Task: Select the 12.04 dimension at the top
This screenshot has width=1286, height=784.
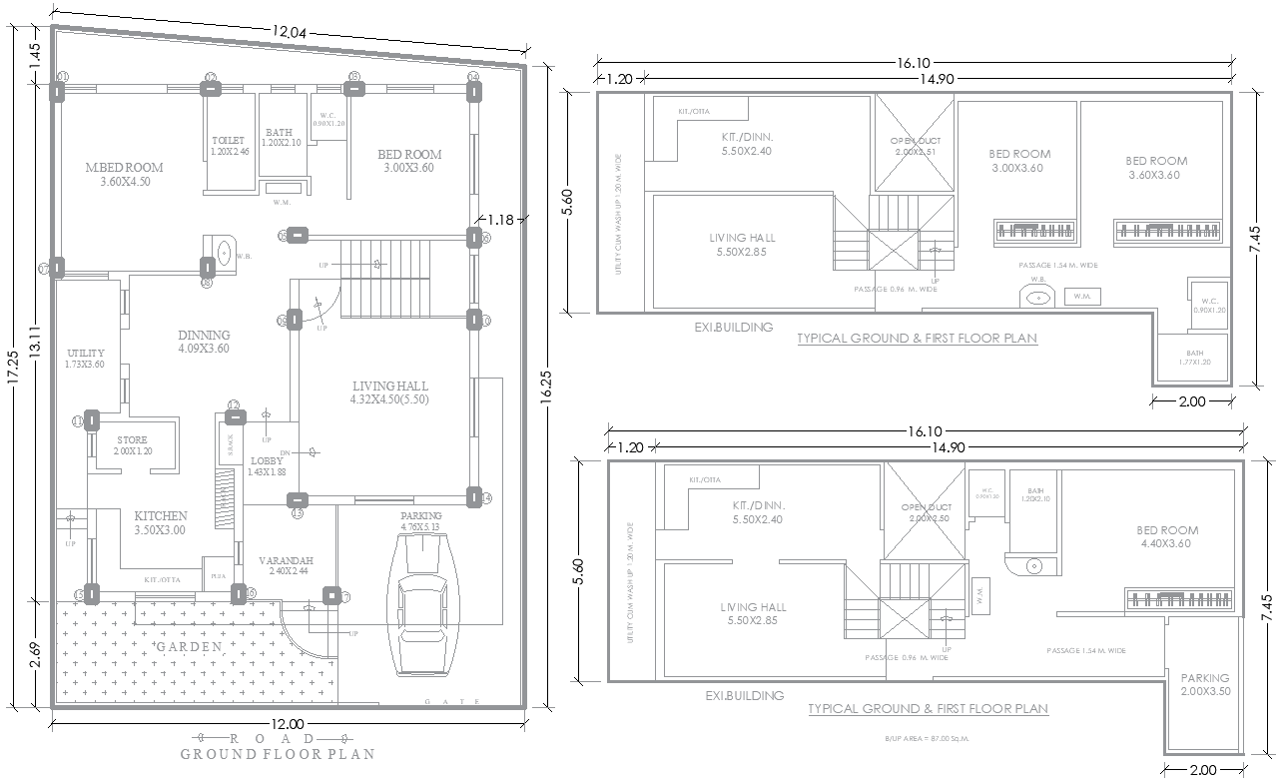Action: click(289, 33)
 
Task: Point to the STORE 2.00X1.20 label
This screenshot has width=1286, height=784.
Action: click(132, 445)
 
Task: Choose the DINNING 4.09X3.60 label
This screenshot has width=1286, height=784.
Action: click(204, 342)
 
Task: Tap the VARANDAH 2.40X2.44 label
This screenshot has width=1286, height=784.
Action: click(286, 567)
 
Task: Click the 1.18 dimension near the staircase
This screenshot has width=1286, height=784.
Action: click(500, 219)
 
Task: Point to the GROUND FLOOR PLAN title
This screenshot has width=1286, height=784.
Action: click(278, 754)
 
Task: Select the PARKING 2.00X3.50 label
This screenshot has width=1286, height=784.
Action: click(1206, 684)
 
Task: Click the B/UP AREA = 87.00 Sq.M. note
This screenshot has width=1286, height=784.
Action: click(928, 739)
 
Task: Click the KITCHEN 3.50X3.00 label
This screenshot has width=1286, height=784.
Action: click(160, 522)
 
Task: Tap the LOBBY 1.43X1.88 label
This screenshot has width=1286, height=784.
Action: click(268, 465)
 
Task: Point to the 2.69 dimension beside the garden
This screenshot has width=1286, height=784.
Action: click(35, 653)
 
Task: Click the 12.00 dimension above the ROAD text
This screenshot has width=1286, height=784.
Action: click(287, 723)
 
